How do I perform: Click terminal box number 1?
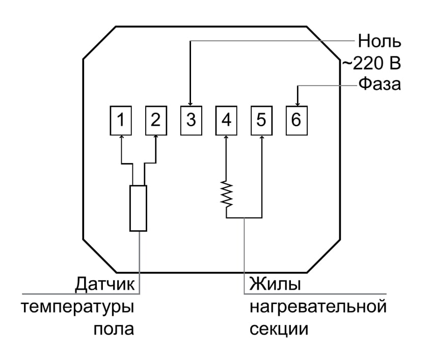(121, 120)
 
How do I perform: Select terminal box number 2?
(156, 120)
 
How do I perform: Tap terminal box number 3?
(191, 120)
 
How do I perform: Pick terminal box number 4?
(226, 120)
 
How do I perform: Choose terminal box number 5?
(261, 120)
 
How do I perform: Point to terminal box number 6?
(297, 120)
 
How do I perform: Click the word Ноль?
(380, 41)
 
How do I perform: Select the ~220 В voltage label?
(371, 64)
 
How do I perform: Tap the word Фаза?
(380, 84)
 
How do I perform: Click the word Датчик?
(105, 284)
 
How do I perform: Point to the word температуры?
(77, 308)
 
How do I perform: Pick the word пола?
(114, 329)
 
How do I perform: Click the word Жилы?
(275, 284)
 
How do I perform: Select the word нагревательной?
(318, 307)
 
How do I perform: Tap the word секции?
(279, 329)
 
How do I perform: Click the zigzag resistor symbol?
(227, 193)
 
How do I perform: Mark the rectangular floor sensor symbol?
(138, 208)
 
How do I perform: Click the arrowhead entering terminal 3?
(191, 104)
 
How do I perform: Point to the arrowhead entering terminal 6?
(298, 104)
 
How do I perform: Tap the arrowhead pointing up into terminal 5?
(262, 137)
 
